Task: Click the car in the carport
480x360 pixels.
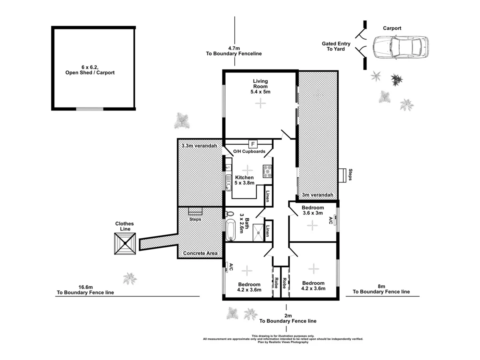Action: (400, 47)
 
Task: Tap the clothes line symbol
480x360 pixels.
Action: (125, 243)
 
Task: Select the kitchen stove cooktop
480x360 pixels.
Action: (267, 171)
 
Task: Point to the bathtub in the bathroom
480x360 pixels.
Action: (230, 230)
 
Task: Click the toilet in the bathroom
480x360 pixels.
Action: (229, 213)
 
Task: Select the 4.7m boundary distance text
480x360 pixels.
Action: (234, 50)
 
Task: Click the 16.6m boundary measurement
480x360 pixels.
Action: (85, 290)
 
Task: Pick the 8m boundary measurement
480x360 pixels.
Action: (381, 289)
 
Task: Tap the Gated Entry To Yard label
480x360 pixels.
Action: (336, 46)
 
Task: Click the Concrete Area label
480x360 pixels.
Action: (200, 253)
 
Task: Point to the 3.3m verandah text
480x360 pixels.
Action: (199, 146)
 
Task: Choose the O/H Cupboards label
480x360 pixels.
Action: (249, 152)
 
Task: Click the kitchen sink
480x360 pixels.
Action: (228, 183)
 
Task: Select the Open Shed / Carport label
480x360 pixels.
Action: (90, 70)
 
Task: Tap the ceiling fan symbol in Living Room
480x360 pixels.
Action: (260, 104)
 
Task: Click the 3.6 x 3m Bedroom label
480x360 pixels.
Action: (313, 210)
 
